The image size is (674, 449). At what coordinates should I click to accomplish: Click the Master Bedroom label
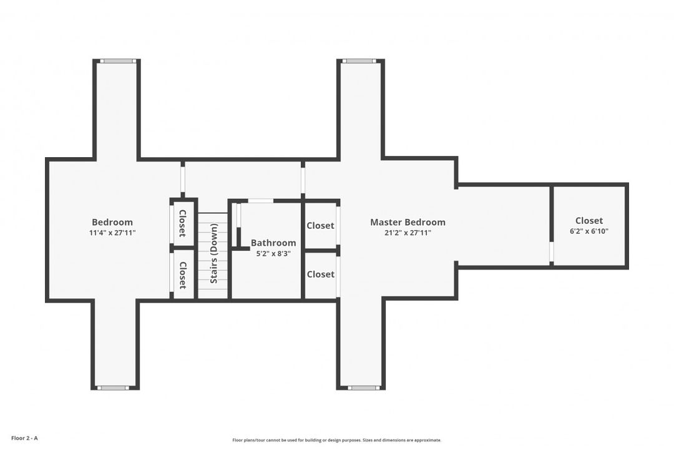(408, 222)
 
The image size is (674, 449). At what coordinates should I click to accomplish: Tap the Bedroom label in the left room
(112, 222)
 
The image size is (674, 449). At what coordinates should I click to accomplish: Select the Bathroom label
(273, 243)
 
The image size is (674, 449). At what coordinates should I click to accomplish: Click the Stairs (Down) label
(213, 253)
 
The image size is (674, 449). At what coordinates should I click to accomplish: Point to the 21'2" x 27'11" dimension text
(408, 233)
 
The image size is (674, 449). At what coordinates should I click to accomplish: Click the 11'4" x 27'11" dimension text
(112, 233)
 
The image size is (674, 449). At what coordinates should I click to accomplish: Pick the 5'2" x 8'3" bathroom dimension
(273, 254)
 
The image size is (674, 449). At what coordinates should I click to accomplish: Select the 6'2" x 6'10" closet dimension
(589, 231)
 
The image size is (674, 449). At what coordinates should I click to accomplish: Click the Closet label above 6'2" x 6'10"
(589, 220)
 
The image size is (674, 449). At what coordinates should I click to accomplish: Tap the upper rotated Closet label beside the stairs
(182, 223)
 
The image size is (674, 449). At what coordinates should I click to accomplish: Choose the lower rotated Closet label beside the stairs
(182, 276)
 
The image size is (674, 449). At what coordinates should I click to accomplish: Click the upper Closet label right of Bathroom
(320, 226)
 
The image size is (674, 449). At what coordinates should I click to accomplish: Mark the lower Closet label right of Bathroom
(320, 274)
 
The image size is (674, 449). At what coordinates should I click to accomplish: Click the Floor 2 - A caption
(24, 438)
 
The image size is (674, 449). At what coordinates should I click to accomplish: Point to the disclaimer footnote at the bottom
(336, 440)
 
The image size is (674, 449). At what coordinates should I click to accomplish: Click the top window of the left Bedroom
(117, 61)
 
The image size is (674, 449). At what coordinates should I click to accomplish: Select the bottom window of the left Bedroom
(112, 388)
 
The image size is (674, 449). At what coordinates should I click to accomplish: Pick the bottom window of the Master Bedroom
(364, 388)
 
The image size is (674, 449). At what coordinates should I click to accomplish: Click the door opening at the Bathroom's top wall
(261, 201)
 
